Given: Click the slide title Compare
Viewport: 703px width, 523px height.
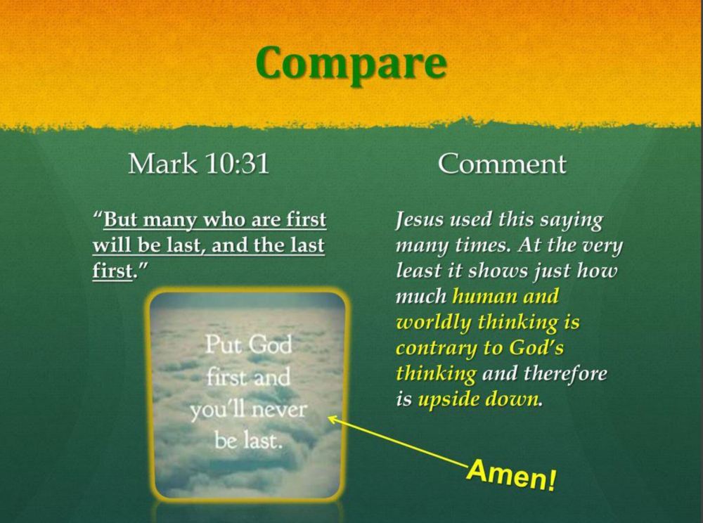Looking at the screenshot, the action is [x=351, y=65].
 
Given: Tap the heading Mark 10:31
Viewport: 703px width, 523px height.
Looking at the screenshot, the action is [x=199, y=164].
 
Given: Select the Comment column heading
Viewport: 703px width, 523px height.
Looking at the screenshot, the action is [x=502, y=164].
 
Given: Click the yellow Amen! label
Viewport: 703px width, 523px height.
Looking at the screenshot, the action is [x=512, y=475].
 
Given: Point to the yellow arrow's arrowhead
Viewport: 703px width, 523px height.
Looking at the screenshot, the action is [x=333, y=420].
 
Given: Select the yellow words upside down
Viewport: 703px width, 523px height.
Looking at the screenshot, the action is [x=478, y=399].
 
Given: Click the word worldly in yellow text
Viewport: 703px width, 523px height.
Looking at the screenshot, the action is [x=432, y=322].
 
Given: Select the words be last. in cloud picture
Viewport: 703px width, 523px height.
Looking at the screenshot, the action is [x=248, y=441].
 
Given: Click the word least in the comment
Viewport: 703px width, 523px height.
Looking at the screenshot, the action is [x=413, y=271].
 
